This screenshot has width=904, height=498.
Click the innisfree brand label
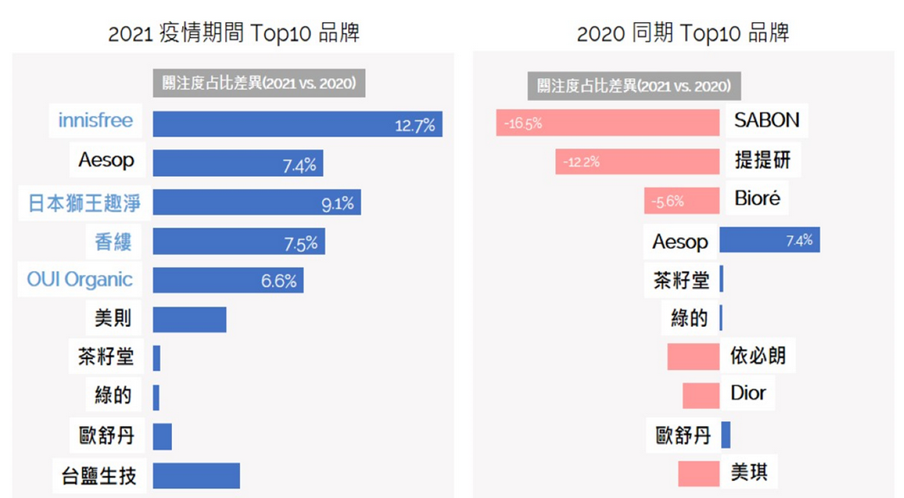coord(96,120)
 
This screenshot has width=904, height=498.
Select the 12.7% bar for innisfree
coord(297,124)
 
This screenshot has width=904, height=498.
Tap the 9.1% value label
coord(337,203)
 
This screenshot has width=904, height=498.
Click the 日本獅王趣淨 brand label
coord(83,203)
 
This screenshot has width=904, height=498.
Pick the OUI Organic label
coord(80,279)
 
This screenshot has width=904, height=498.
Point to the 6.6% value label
coord(279,281)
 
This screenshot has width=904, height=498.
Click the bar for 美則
coord(190,319)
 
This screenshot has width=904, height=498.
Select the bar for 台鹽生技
coord(197,475)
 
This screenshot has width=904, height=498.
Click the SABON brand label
coord(766,120)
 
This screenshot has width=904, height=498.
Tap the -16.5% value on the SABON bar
coord(523,124)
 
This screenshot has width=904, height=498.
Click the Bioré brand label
coord(757,200)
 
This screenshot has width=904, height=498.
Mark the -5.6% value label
coord(666,202)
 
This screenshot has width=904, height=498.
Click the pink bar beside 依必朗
coord(693,357)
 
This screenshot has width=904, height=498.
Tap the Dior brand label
coord(748,393)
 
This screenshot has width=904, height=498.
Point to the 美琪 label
coord(749,472)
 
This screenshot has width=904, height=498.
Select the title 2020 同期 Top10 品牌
coord(683,33)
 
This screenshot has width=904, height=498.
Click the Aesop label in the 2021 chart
coord(106,160)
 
